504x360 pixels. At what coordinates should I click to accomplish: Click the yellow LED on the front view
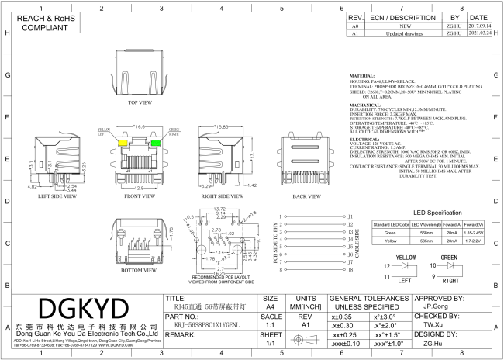pyautogui.click(x=123, y=143)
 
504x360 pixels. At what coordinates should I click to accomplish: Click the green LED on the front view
pyautogui.click(x=155, y=143)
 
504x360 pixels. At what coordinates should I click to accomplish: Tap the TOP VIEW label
pyautogui.click(x=140, y=102)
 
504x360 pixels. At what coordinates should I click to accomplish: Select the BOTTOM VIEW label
pyautogui.click(x=140, y=271)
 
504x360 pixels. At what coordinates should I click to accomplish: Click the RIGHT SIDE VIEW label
pyautogui.click(x=222, y=196)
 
